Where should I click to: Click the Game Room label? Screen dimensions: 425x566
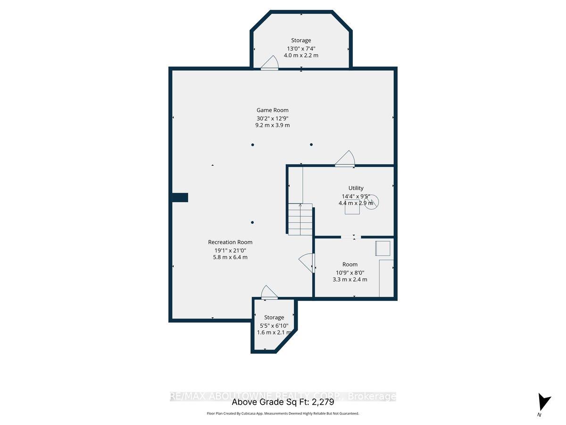[272, 110]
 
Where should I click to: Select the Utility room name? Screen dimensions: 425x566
[356, 188]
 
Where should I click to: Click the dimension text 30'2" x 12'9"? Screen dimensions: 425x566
[272, 118]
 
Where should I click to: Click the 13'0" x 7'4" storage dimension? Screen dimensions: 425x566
[300, 48]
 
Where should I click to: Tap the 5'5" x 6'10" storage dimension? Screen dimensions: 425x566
[274, 325]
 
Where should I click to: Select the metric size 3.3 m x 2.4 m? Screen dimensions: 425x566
[350, 280]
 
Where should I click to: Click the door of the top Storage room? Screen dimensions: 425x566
[270, 64]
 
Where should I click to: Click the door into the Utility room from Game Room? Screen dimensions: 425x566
[345, 159]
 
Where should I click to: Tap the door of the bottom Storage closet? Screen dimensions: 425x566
[269, 293]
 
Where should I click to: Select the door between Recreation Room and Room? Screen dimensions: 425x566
[307, 263]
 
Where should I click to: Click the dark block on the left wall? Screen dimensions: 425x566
[180, 197]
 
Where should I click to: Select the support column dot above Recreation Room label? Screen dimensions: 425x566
[252, 222]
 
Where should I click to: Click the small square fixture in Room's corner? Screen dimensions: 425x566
[383, 248]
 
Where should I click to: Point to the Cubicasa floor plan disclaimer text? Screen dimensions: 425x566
[283, 413]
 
